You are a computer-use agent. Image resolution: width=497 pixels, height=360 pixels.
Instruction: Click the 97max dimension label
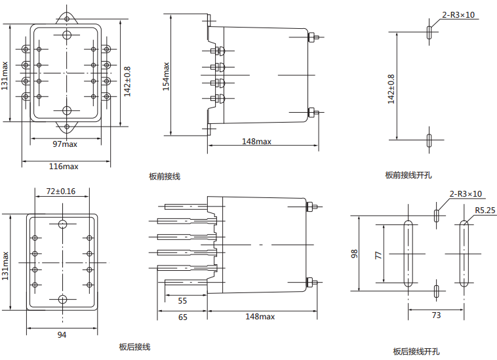click(x=65, y=143)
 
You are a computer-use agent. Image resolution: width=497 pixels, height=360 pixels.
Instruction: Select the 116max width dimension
click(x=64, y=166)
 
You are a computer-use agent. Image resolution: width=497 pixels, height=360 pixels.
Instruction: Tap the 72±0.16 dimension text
click(x=61, y=191)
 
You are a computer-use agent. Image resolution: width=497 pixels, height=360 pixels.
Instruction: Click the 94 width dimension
click(x=62, y=335)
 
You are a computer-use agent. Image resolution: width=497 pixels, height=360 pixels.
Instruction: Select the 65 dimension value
click(x=182, y=317)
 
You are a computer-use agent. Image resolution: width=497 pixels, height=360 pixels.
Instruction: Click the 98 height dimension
click(x=354, y=252)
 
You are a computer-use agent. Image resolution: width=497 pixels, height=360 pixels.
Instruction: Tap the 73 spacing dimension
click(x=436, y=315)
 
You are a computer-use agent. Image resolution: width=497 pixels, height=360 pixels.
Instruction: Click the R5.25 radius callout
click(x=485, y=210)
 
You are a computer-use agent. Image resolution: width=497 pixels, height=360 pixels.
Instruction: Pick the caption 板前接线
click(x=165, y=176)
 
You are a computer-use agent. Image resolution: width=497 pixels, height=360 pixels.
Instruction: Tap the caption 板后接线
click(x=135, y=347)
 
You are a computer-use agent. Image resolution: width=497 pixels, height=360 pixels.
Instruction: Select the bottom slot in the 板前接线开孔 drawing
click(x=429, y=139)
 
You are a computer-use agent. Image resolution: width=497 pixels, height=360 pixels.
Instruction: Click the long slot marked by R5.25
click(x=464, y=253)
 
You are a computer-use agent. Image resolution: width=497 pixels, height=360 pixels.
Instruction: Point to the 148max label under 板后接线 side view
click(x=260, y=317)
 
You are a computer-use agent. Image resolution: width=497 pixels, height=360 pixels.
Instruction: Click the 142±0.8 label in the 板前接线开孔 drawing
click(x=391, y=89)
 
